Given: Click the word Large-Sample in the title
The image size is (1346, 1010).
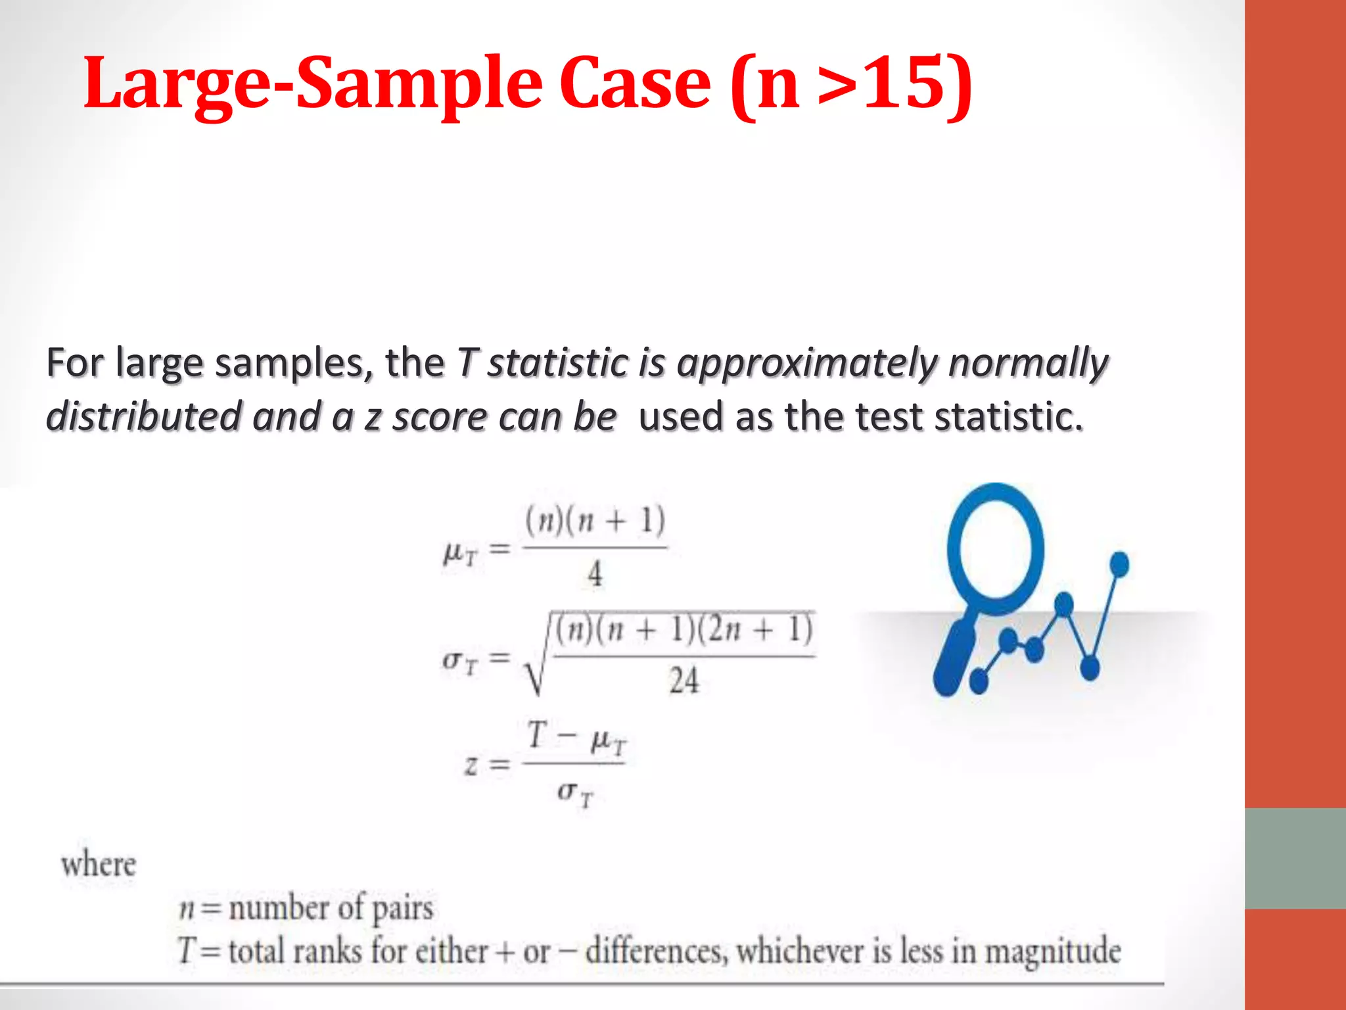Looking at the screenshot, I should click(x=312, y=84).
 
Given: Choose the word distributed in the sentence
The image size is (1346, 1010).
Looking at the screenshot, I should click(x=144, y=416).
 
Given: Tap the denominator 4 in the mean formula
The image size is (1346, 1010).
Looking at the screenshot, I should click(x=595, y=574).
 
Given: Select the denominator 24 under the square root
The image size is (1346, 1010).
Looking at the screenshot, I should click(x=684, y=681).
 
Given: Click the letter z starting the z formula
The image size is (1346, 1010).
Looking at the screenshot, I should click(x=471, y=765).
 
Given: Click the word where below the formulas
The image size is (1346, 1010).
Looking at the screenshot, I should click(x=99, y=864).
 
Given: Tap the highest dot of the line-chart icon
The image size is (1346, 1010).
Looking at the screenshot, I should click(x=1119, y=564).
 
